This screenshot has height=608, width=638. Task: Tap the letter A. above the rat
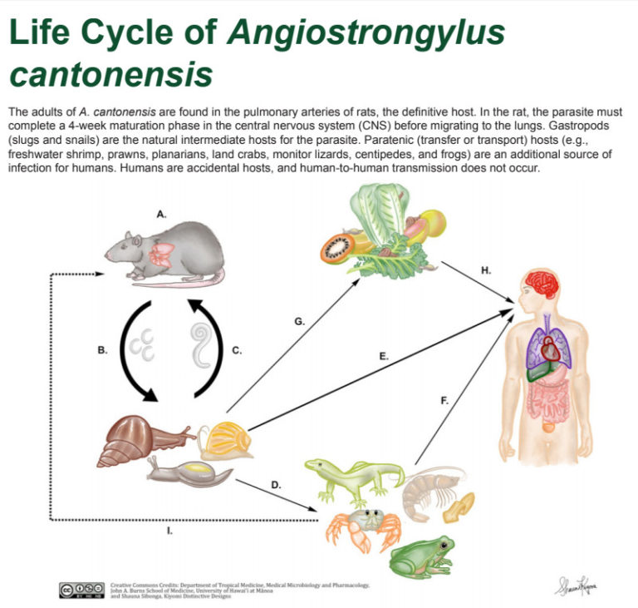coord(161,214)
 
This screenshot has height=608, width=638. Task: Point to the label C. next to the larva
coord(236,350)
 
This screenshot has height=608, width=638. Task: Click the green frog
coord(423,555)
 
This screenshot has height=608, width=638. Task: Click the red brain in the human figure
coord(545,286)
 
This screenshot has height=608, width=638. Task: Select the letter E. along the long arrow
coord(384,355)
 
